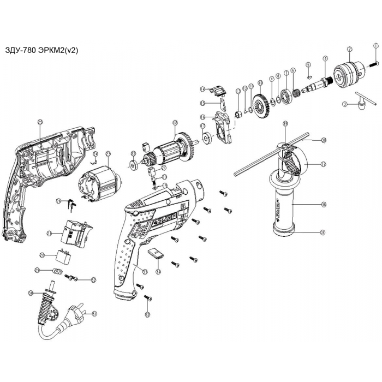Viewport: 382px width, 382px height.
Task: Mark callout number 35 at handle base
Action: pyautogui.click(x=323, y=232)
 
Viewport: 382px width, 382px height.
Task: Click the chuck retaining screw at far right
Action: pyautogui.click(x=375, y=63)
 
